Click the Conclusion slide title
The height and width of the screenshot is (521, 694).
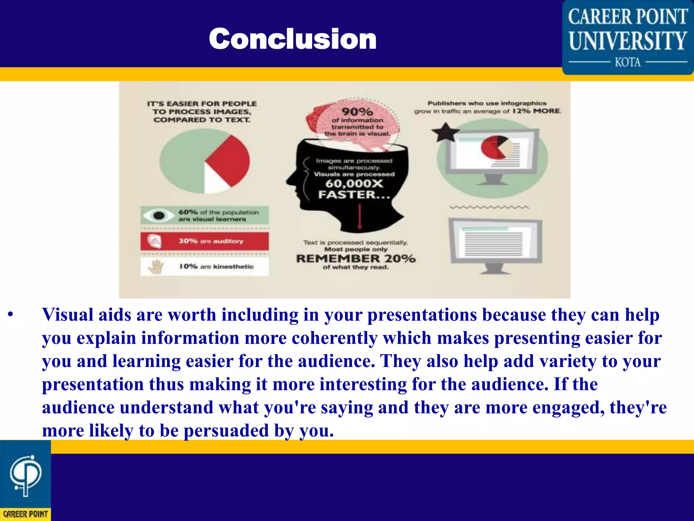coord(292,39)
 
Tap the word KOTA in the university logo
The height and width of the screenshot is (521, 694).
coord(628,62)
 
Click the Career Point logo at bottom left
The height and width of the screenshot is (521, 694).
coord(25,480)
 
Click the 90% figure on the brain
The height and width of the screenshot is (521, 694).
coord(357,112)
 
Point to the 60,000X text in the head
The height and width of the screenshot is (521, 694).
coord(354,184)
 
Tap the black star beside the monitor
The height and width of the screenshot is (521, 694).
coord(445,133)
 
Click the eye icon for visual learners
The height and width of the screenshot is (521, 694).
coord(158,215)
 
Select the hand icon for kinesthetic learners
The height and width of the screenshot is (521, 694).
coord(156,267)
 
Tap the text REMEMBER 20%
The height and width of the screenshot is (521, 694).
coord(355,258)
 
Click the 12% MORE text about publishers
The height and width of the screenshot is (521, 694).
coord(536,111)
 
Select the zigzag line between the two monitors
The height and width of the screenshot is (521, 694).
coord(489,207)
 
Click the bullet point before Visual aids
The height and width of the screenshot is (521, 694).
coord(11,315)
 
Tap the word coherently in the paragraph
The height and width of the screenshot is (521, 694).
coord(334,338)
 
